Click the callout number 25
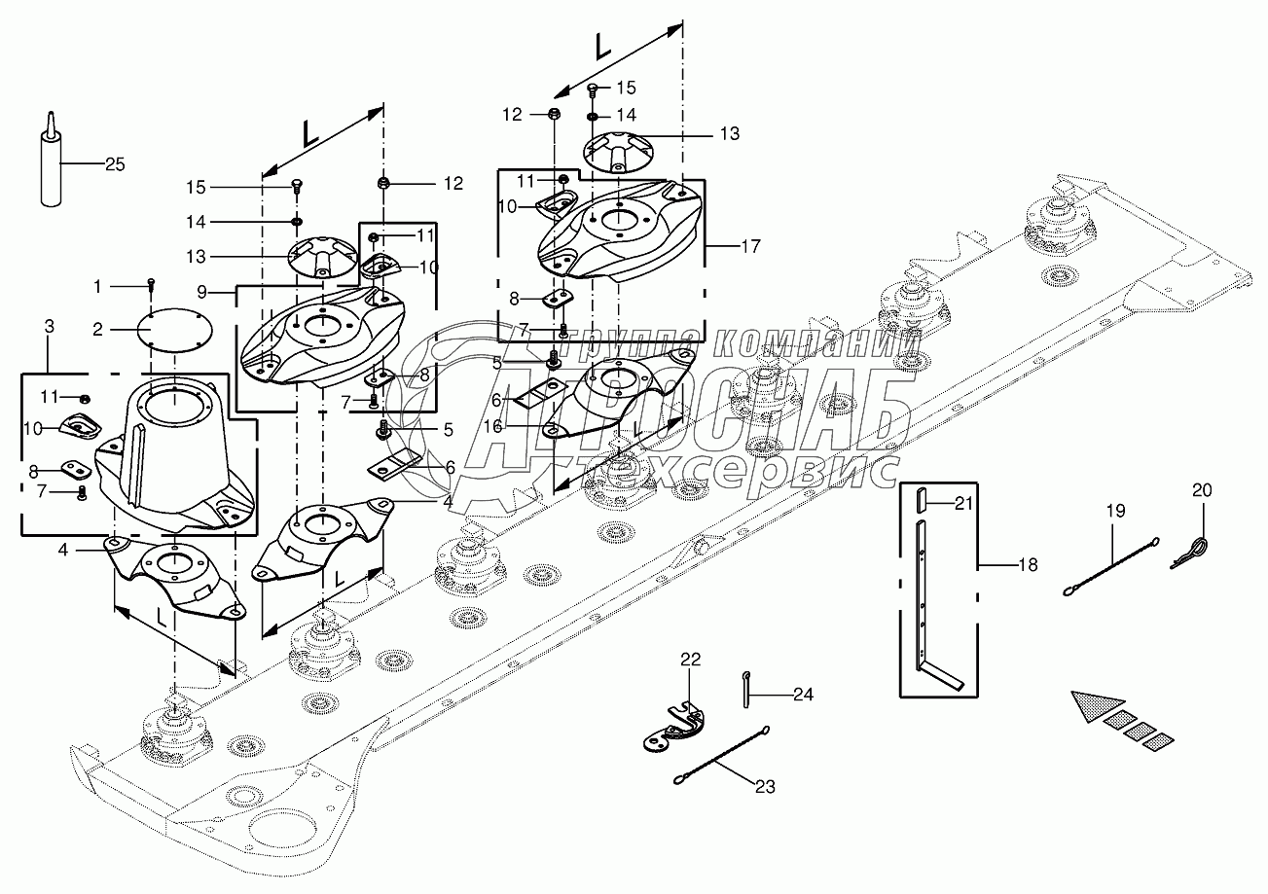click(x=115, y=164)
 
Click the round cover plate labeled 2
click(x=170, y=330)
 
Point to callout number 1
click(x=97, y=286)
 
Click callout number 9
click(x=199, y=290)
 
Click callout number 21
click(x=963, y=503)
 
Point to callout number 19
click(x=1114, y=510)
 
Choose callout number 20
click(x=1203, y=490)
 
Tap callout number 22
click(x=690, y=660)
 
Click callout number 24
click(x=803, y=695)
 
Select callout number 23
click(x=765, y=786)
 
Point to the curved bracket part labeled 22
click(x=673, y=730)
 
